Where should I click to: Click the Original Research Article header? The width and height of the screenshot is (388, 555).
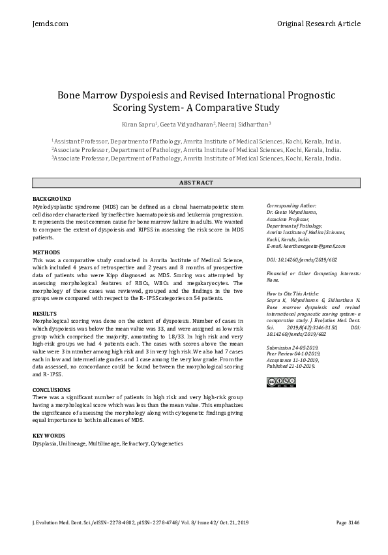318,23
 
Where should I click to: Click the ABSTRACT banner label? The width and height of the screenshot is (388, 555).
194,183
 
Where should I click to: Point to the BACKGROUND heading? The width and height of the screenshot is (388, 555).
52,198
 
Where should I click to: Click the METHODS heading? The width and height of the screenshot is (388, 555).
46,252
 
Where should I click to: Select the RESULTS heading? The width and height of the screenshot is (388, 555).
44,314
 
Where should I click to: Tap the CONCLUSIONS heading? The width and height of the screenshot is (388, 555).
52,389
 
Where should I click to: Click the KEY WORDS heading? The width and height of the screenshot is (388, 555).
49,435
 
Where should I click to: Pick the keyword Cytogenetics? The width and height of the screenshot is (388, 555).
167,443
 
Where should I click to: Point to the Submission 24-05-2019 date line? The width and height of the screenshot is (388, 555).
292,348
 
